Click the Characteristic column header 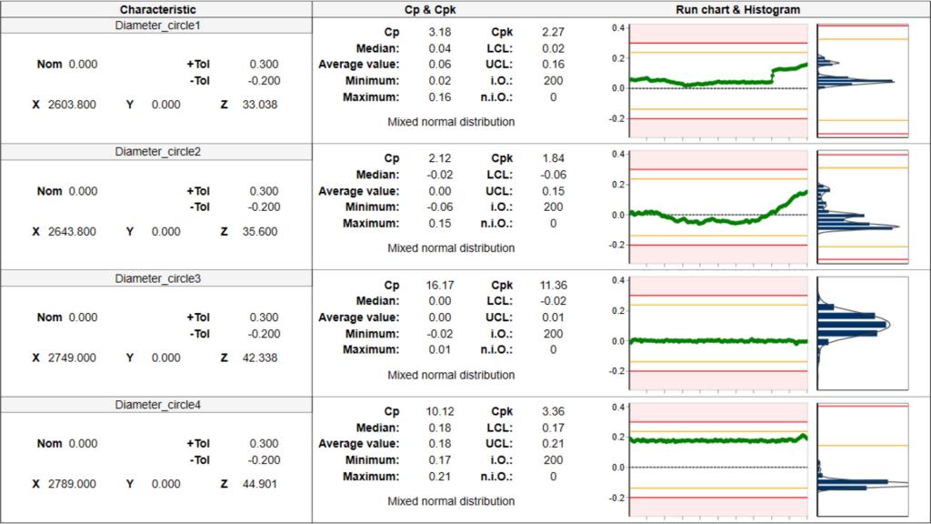click(157, 9)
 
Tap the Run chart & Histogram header click(737, 9)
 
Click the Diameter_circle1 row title click(157, 25)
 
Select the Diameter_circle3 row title click(157, 278)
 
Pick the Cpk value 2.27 click(552, 32)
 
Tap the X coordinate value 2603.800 click(74, 105)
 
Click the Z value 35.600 click(262, 231)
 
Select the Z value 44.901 click(262, 484)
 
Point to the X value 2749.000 click(74, 358)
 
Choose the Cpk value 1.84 click(552, 158)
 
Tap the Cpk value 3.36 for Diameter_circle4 click(552, 411)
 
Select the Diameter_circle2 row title click(157, 152)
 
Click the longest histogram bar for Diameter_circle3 click(851, 324)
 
